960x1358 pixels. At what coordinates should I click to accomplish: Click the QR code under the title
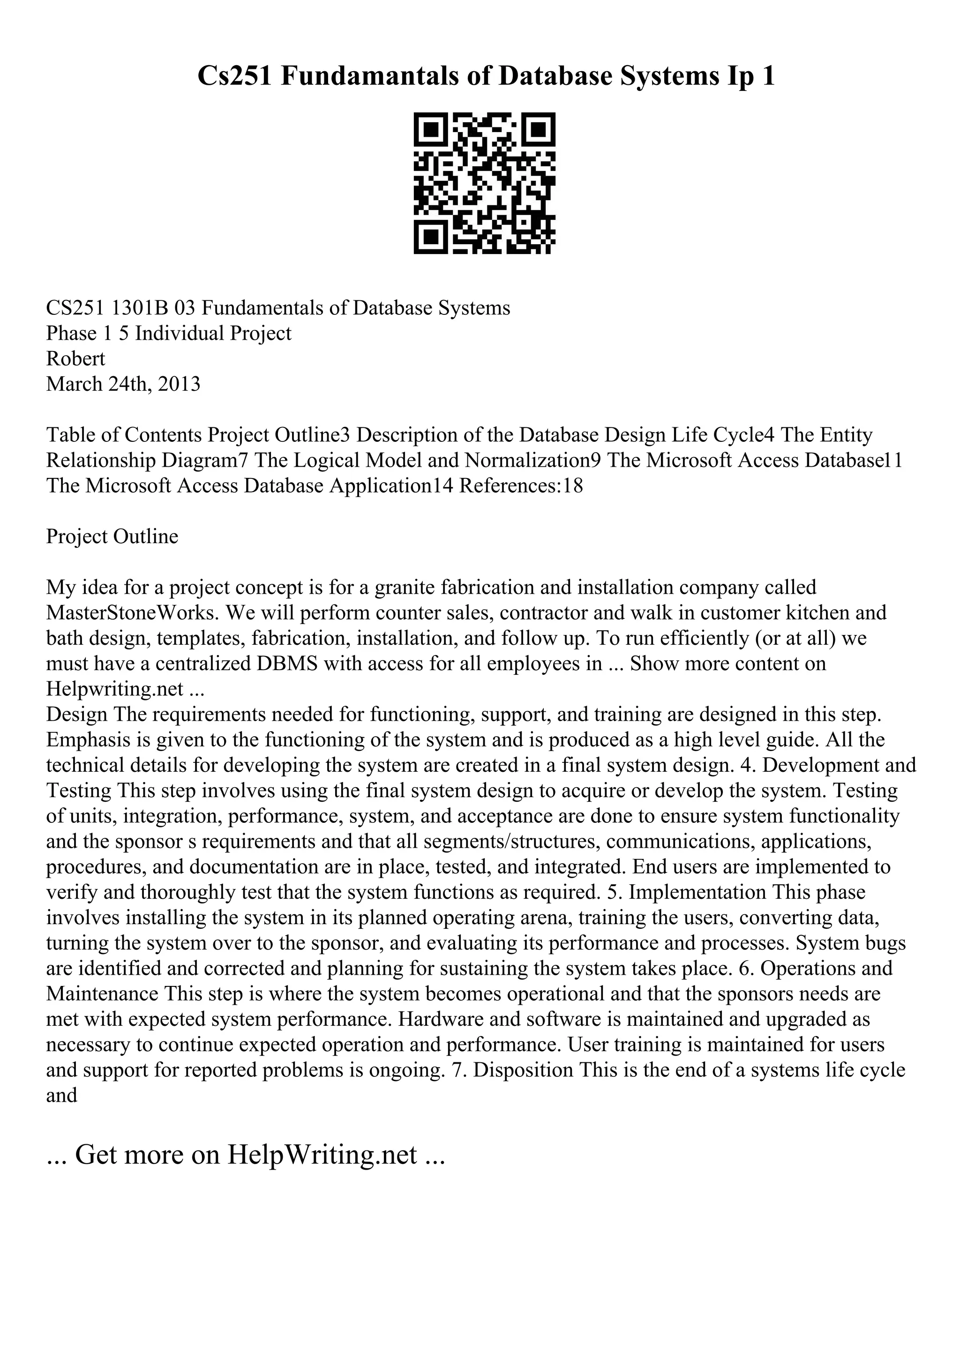click(x=484, y=183)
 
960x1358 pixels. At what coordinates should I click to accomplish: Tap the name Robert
click(x=76, y=359)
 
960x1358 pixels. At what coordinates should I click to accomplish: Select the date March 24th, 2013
click(x=123, y=384)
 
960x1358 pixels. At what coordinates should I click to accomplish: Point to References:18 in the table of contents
click(x=520, y=485)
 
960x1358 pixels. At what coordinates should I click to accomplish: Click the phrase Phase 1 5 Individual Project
click(x=169, y=334)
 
